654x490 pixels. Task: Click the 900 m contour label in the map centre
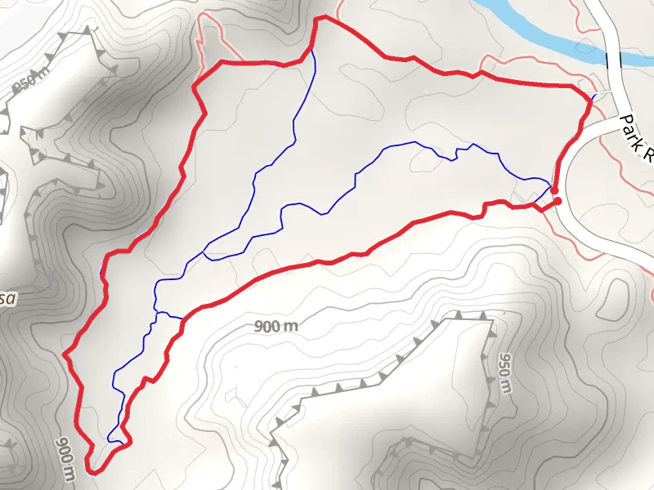(275, 327)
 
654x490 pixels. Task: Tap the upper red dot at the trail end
(555, 190)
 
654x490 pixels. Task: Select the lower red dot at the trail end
(558, 201)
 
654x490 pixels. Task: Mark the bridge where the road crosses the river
(614, 59)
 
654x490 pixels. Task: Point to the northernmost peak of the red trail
(321, 17)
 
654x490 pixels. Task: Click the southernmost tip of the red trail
(89, 470)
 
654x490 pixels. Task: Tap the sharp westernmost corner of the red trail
(65, 354)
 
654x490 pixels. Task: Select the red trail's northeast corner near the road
(589, 98)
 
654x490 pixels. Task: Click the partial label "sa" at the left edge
(7, 299)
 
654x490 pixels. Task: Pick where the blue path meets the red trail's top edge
(311, 51)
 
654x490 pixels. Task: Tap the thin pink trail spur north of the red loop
(211, 37)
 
